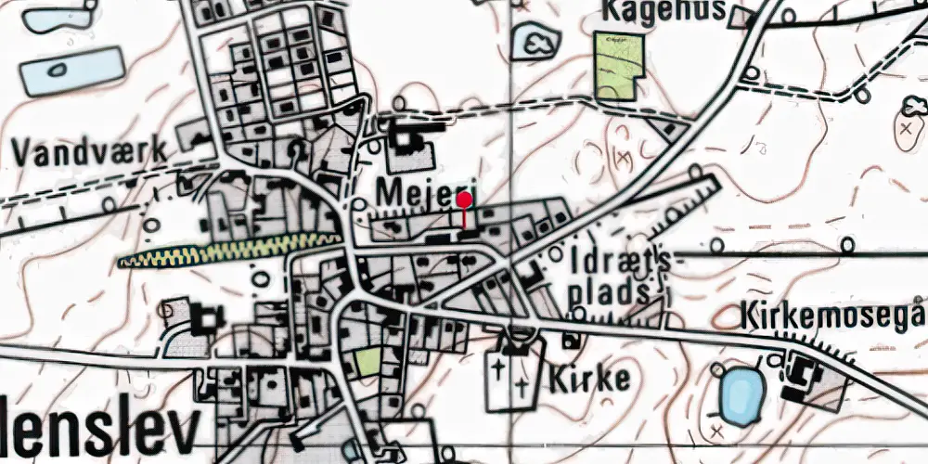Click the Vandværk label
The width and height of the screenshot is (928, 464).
pyautogui.click(x=90, y=149)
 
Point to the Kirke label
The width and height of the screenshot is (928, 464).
pyautogui.click(x=589, y=378)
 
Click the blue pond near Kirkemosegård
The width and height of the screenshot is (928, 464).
pyautogui.click(x=741, y=394)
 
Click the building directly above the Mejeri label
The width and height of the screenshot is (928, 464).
pyautogui.click(x=406, y=144)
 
